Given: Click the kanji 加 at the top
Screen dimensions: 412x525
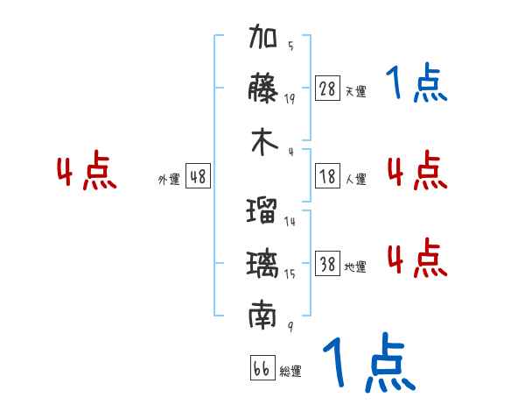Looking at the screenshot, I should tap(263, 39).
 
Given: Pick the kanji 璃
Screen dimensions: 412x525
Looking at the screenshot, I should tap(263, 264).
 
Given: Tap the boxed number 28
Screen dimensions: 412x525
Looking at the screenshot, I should tap(327, 89).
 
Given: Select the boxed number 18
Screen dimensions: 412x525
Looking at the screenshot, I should tap(327, 176).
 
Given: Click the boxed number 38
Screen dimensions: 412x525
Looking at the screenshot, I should tap(327, 264).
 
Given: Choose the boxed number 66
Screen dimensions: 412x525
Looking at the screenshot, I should tap(262, 368).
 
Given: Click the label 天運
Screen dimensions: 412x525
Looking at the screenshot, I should tap(355, 91).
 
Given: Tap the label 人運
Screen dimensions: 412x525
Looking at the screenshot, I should tap(355, 179).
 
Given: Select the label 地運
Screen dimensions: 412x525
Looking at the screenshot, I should tap(355, 266).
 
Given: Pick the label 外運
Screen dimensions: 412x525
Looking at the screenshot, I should tap(168, 179).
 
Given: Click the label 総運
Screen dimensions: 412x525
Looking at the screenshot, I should tap(290, 371).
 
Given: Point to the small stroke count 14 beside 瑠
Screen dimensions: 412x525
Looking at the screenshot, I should tap(290, 222).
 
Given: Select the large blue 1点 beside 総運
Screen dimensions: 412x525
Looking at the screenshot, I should tap(367, 363).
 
